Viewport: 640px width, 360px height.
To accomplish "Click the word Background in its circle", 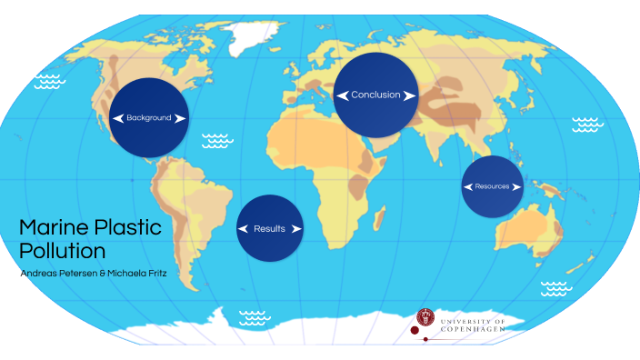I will pyautogui.click(x=149, y=118).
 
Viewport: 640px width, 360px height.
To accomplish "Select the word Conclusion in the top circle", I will pyautogui.click(x=375, y=95).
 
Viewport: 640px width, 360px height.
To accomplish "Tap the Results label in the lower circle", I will pyautogui.click(x=270, y=229).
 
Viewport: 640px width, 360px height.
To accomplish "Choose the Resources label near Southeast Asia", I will pyautogui.click(x=492, y=186).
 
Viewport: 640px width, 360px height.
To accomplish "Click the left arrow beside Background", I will pyautogui.click(x=117, y=118).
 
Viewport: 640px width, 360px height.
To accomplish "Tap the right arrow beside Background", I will pyautogui.click(x=180, y=118).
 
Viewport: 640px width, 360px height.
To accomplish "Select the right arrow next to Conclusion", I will pyautogui.click(x=409, y=95).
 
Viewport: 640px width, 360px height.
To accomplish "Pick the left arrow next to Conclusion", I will pyautogui.click(x=342, y=95).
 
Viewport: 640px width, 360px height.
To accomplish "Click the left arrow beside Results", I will pyautogui.click(x=243, y=229).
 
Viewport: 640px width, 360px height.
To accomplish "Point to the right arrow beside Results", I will pyautogui.click(x=296, y=229).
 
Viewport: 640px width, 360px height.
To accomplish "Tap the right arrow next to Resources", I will pyautogui.click(x=517, y=186).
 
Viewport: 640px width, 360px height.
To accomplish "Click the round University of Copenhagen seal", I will pyautogui.click(x=425, y=317).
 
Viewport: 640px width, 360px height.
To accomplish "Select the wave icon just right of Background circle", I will pyautogui.click(x=215, y=140).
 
